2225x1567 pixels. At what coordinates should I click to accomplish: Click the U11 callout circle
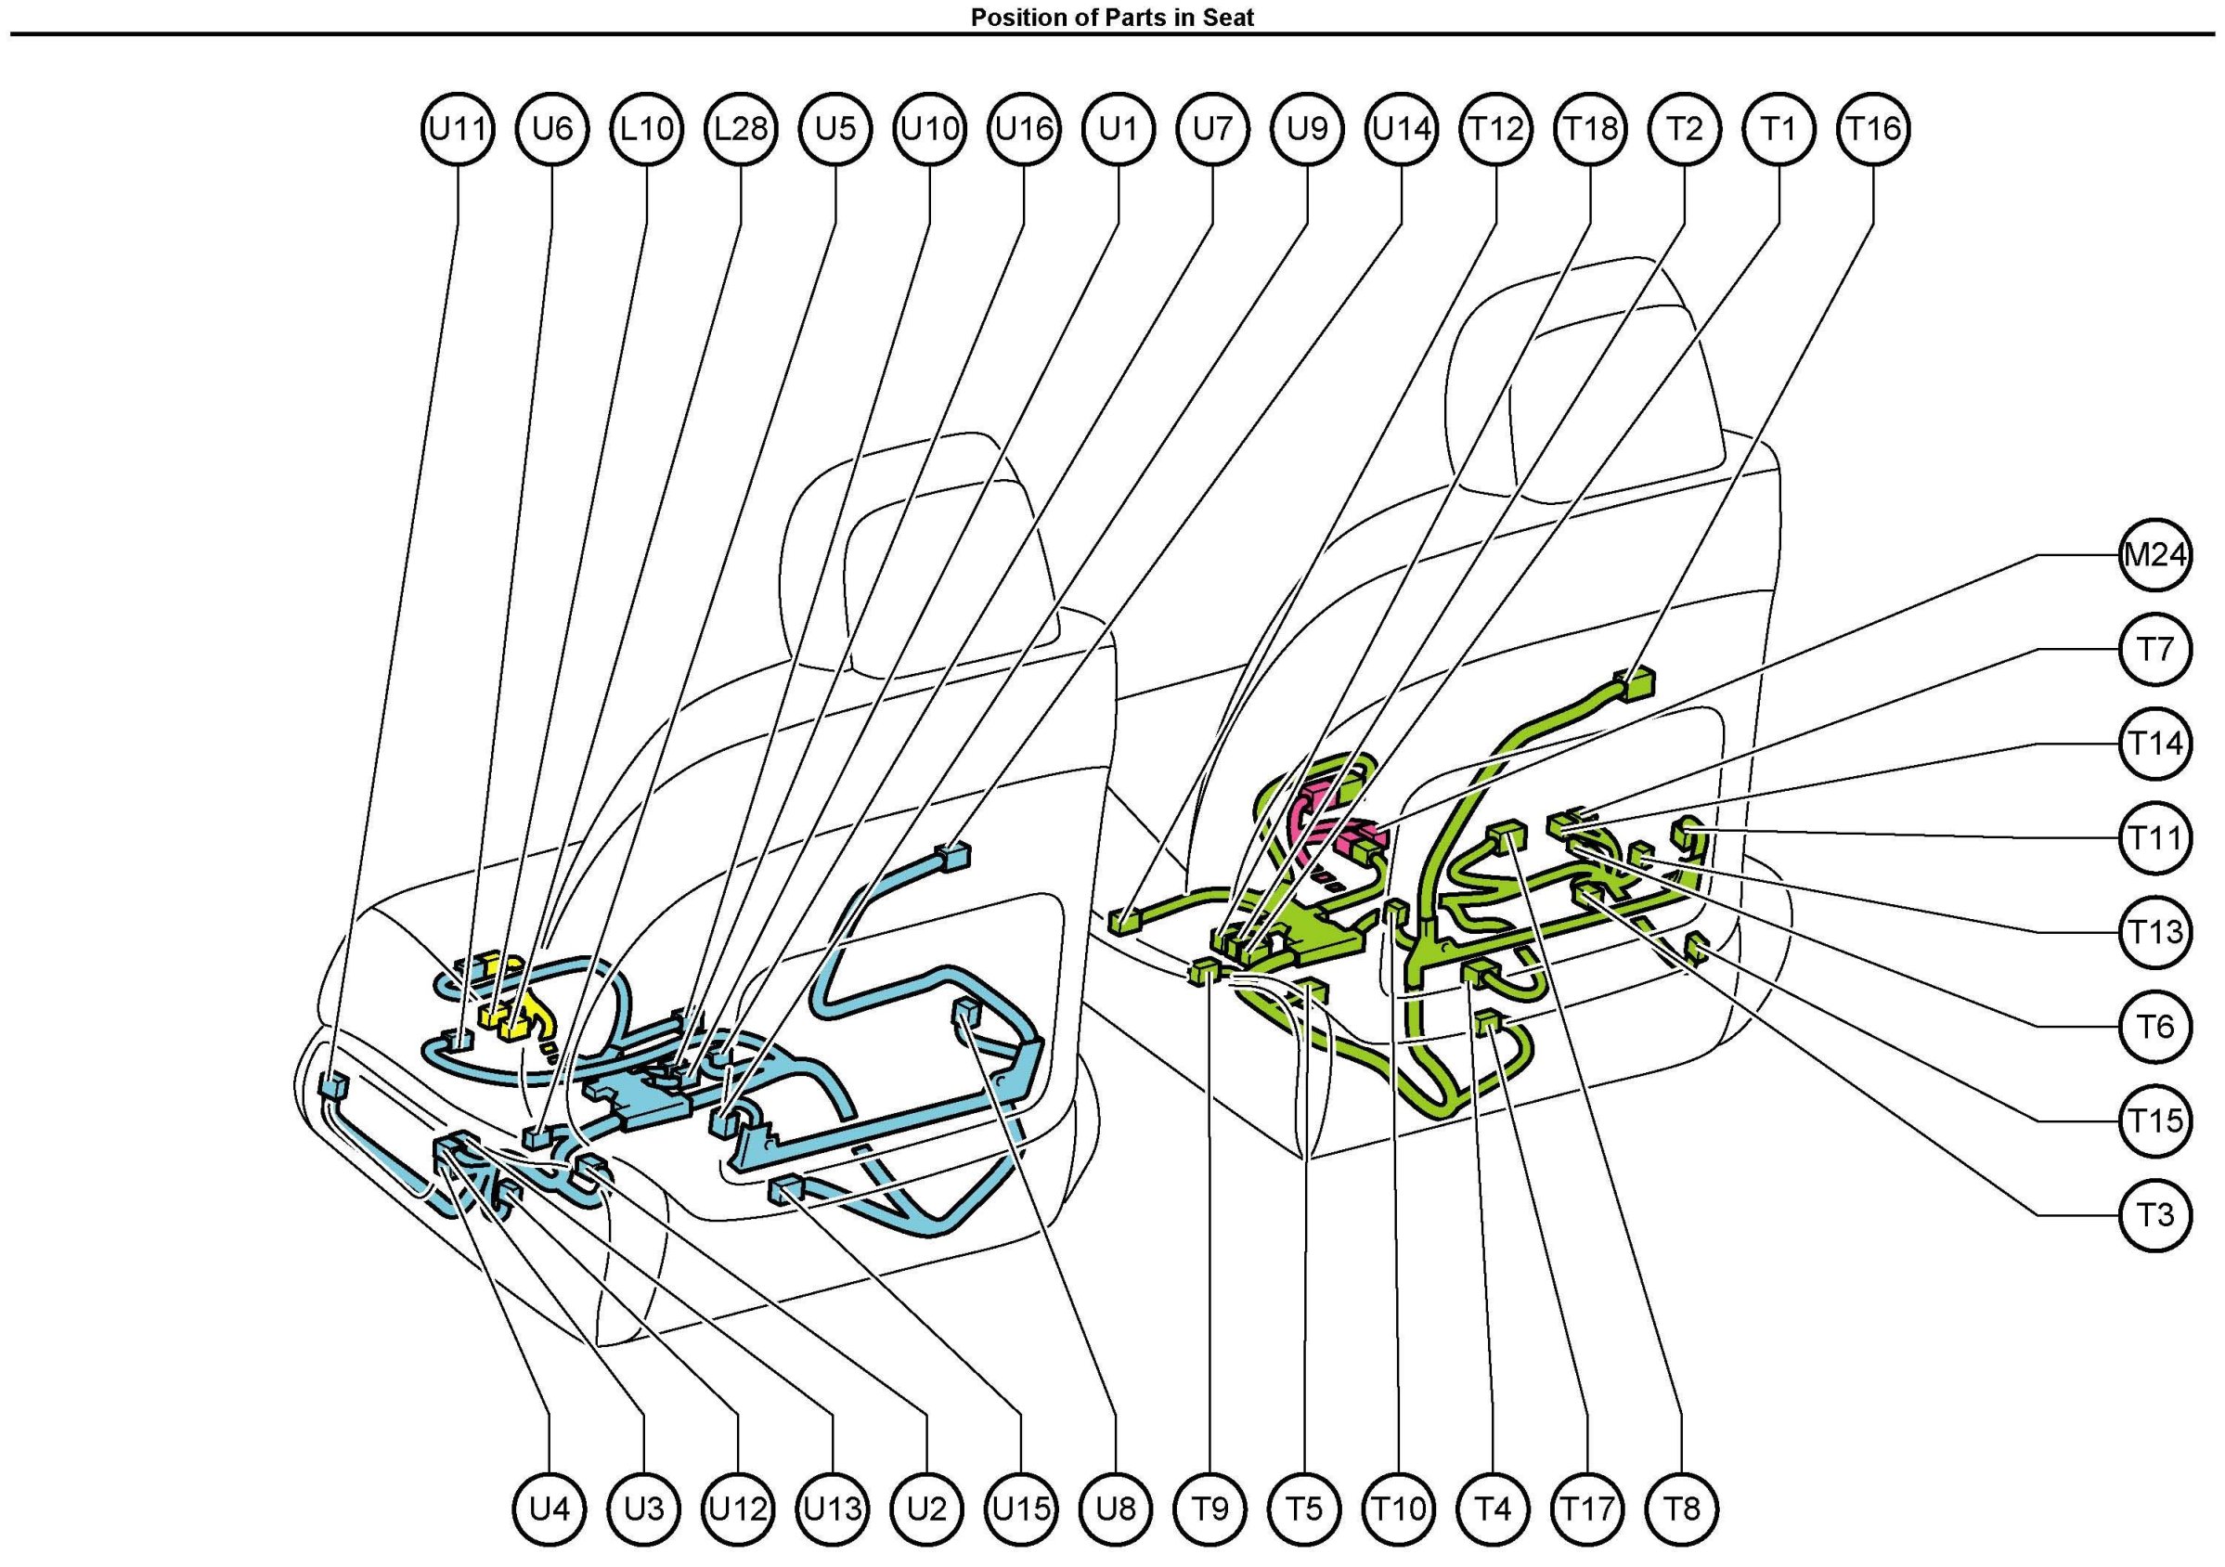458,129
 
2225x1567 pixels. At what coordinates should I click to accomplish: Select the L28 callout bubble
742,129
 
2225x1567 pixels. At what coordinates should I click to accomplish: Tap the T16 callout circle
1873,129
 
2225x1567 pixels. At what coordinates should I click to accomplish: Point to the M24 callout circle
2155,555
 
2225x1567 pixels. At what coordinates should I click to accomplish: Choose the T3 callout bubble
2155,1215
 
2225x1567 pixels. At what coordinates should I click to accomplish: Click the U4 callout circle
550,1509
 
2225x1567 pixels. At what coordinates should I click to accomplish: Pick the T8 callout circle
1683,1509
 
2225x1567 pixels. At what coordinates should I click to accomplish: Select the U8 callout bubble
1117,1509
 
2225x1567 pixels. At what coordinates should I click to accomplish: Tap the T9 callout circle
1211,1509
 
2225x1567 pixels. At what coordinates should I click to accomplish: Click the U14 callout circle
1402,129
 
